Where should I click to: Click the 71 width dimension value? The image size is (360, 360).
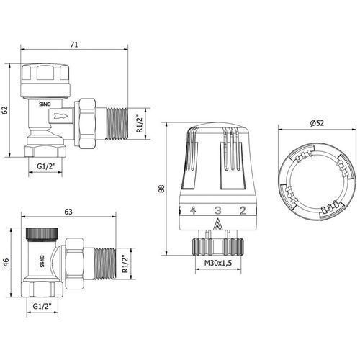pos(74,45)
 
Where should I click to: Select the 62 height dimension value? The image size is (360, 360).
pos(5,110)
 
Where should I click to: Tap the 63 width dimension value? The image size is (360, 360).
pos(68,212)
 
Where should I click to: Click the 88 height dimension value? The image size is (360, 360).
pos(162,189)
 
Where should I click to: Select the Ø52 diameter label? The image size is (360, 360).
pos(317,123)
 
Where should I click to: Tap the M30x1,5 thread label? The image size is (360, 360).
pos(218,263)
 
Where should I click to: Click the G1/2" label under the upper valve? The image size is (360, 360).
pos(46,166)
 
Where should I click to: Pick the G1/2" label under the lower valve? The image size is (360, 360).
pos(42,306)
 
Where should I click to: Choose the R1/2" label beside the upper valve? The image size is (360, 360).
pos(140,124)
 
